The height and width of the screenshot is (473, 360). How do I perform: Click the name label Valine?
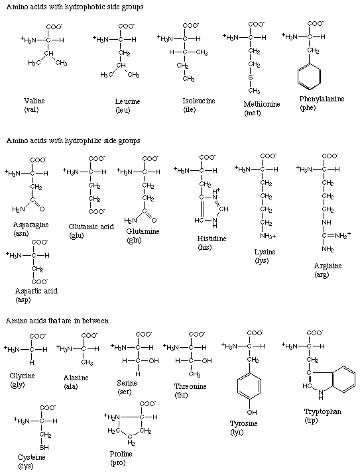point(34,101)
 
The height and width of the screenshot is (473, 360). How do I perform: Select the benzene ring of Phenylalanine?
point(309,77)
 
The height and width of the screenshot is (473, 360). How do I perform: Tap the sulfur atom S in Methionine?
point(250,78)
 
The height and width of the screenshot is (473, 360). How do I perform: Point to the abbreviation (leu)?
point(123,110)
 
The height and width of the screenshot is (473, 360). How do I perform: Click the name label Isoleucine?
point(199,101)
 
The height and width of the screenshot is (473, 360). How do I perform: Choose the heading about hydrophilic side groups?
point(73,140)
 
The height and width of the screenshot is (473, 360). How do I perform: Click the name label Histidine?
point(211,238)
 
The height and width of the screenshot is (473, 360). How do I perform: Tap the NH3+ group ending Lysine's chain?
point(268,236)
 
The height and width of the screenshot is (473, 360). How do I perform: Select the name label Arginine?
point(328,266)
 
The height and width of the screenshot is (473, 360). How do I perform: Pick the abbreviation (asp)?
point(23,300)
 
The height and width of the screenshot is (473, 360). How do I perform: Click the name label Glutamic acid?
point(91,227)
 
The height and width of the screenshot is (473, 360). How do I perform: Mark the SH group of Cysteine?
point(44,447)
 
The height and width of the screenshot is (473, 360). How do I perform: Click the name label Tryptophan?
point(323,411)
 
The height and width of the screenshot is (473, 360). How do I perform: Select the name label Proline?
point(121,454)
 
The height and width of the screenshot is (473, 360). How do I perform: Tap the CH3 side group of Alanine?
point(87,362)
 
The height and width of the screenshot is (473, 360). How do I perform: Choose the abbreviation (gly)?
point(17,385)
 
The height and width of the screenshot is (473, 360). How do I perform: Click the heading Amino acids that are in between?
point(58,321)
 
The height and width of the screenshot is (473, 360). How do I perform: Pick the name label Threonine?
point(190,386)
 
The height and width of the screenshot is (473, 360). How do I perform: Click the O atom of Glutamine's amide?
point(154,220)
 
